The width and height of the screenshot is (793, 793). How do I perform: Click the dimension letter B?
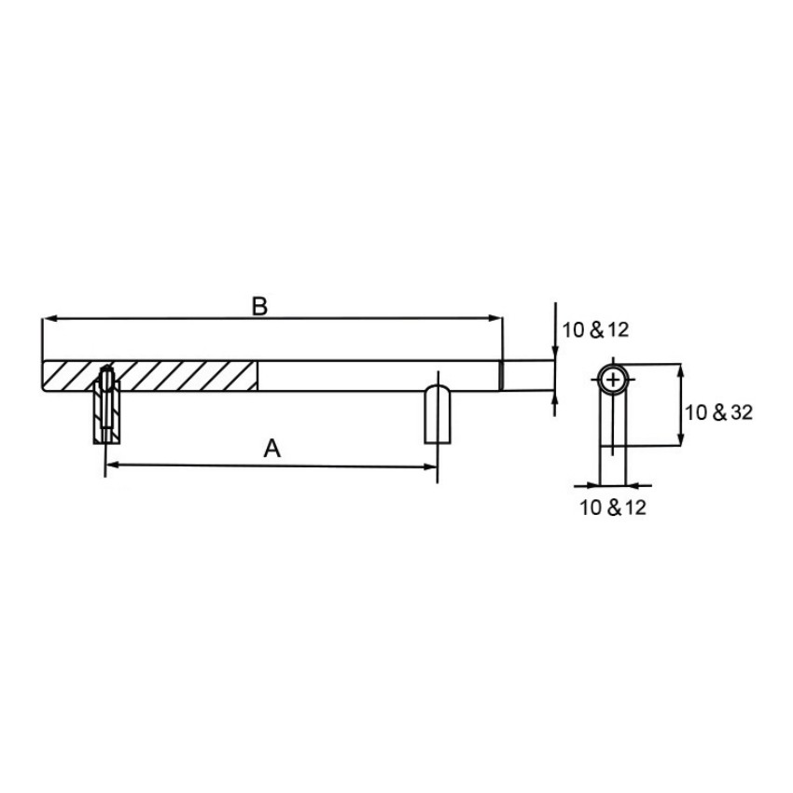(260, 306)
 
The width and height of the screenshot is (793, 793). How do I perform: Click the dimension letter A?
(271, 449)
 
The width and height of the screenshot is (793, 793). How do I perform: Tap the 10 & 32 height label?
(718, 411)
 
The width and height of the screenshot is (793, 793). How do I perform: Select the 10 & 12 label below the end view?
(613, 508)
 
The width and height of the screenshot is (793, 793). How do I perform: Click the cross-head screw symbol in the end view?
(613, 380)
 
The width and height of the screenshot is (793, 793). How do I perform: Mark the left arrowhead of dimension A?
(111, 465)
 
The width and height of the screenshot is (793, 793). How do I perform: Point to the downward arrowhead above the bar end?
(555, 353)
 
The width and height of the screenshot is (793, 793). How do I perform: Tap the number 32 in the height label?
(742, 411)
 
